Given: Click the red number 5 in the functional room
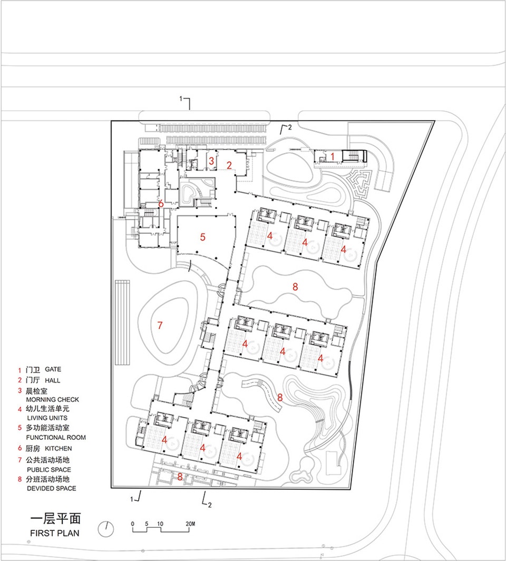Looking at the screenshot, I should click(202, 237).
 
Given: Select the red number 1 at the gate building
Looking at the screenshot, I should click(333, 156).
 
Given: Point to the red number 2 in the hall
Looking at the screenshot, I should click(229, 165).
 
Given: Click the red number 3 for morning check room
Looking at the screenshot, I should click(211, 161).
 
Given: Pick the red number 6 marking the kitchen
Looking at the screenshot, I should click(161, 203).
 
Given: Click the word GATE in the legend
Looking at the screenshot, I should click(53, 369).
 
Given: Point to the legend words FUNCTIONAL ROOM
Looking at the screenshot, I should click(56, 437).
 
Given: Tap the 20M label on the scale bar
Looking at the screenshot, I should click(190, 524).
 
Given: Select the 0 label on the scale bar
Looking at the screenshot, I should click(133, 524).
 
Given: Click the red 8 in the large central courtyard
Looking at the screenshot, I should click(295, 287).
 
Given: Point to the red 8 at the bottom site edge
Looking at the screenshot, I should click(180, 477).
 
